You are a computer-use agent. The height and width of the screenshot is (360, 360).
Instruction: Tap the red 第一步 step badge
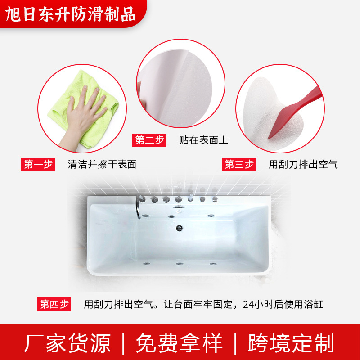click(x=38, y=164)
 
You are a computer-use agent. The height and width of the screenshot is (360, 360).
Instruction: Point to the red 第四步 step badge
click(x=54, y=304)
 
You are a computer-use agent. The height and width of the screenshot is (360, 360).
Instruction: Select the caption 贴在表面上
click(x=203, y=140)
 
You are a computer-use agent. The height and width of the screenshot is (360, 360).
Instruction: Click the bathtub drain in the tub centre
click(x=180, y=228)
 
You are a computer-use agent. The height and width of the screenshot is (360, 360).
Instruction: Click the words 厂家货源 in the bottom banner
click(x=67, y=343)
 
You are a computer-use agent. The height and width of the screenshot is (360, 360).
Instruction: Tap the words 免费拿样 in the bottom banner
click(x=180, y=343)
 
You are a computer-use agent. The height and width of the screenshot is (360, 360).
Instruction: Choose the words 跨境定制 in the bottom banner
click(x=291, y=343)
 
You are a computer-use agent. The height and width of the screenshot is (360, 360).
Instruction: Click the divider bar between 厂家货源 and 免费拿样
click(x=123, y=343)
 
